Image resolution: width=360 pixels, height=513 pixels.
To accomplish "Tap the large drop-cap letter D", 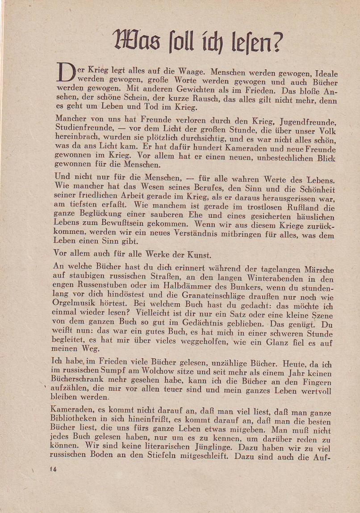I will point(65,73).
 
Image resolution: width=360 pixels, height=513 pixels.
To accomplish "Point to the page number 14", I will point(53,469).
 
